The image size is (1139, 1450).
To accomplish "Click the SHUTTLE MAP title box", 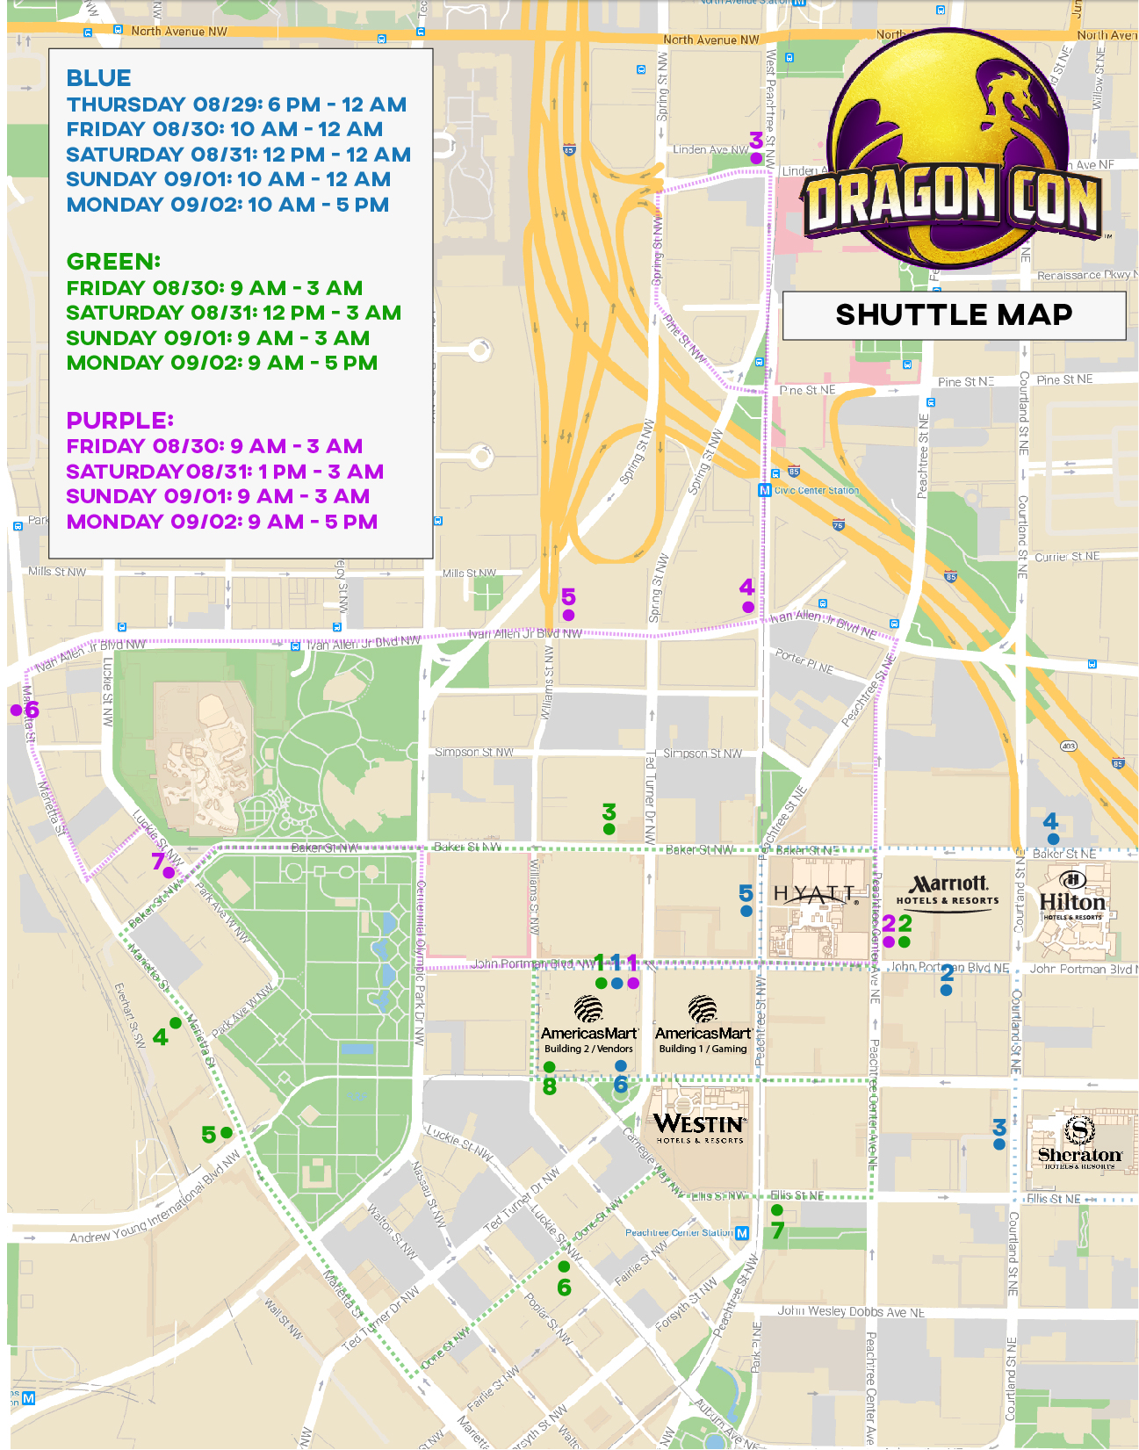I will coord(954,315).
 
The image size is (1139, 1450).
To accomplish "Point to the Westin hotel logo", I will coord(700,1127).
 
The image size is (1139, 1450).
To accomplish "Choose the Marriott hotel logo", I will coord(948,889).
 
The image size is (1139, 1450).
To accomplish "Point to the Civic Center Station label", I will coord(816,490).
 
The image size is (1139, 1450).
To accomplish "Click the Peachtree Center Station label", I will coord(679,1233).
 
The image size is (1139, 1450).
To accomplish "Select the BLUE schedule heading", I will coord(99,78).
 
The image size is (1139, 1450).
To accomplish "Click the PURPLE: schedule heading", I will coord(120,421).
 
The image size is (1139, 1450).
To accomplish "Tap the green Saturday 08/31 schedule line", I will coord(234,313).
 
